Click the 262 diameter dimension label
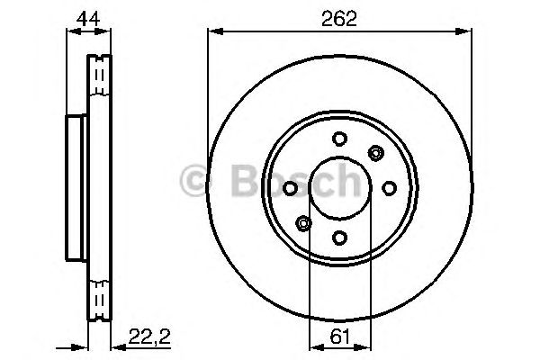[x=339, y=17]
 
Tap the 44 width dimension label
[x=87, y=17]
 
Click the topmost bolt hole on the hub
[x=339, y=138]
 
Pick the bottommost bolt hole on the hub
[x=339, y=238]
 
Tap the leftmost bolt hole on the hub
[x=290, y=187]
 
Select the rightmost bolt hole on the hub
[x=390, y=187]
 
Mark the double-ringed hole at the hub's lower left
[x=304, y=223]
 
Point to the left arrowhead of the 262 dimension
[x=213, y=32]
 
